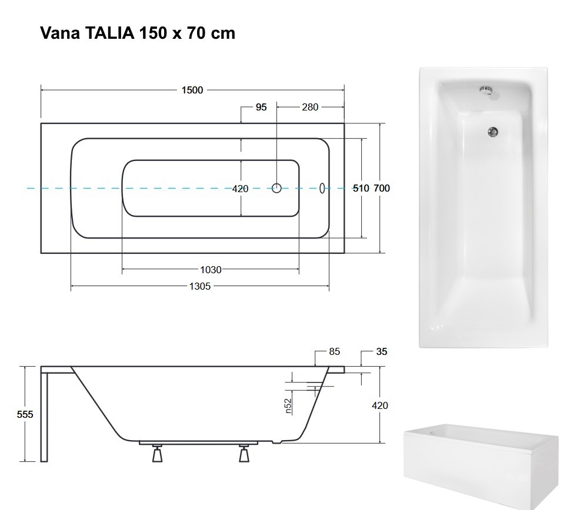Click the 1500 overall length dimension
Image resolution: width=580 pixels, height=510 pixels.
pos(192,90)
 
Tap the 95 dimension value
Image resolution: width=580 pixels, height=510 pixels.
pos(261,107)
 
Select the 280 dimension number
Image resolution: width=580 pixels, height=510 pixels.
pos(310,107)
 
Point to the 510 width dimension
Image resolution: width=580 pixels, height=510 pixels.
pos(361,189)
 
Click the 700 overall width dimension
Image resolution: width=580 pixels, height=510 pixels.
pos(382,189)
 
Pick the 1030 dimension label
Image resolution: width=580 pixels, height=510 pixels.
pos(211,270)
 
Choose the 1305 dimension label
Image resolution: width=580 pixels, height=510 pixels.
pos(200,286)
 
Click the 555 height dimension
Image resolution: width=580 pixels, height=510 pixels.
pos(25,415)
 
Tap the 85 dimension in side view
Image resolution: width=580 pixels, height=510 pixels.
pos(334,351)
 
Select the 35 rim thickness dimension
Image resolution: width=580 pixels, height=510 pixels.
pos(382,351)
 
